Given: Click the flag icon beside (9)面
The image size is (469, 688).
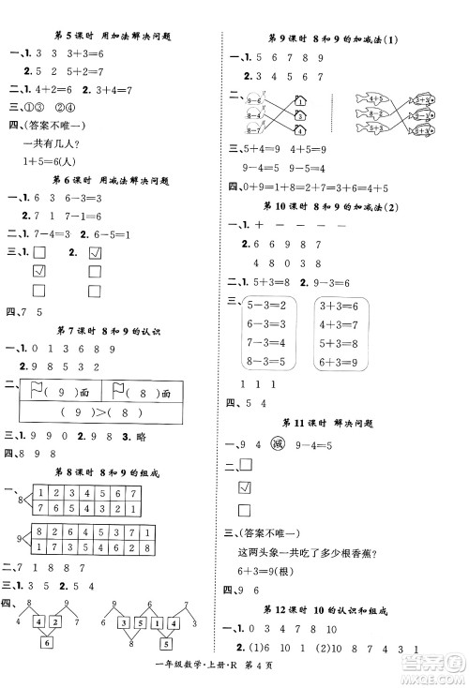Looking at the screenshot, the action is tap(38, 389).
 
